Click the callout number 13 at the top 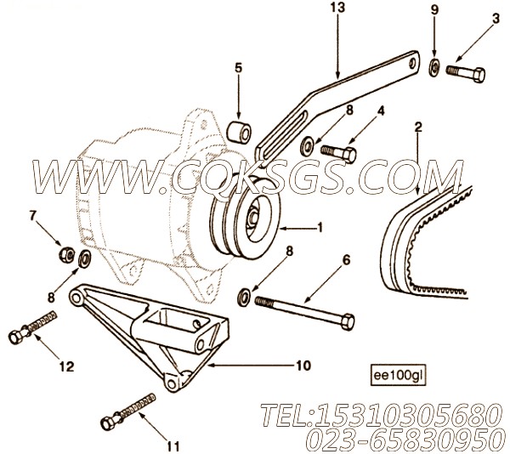338,8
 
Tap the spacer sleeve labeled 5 239,132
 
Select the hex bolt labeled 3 466,73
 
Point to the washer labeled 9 433,67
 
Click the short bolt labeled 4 338,153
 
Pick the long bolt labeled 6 304,311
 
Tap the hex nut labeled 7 67,253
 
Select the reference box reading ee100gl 398,376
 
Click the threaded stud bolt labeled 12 32,326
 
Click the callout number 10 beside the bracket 303,366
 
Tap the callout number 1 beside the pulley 320,228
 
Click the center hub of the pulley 252,218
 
